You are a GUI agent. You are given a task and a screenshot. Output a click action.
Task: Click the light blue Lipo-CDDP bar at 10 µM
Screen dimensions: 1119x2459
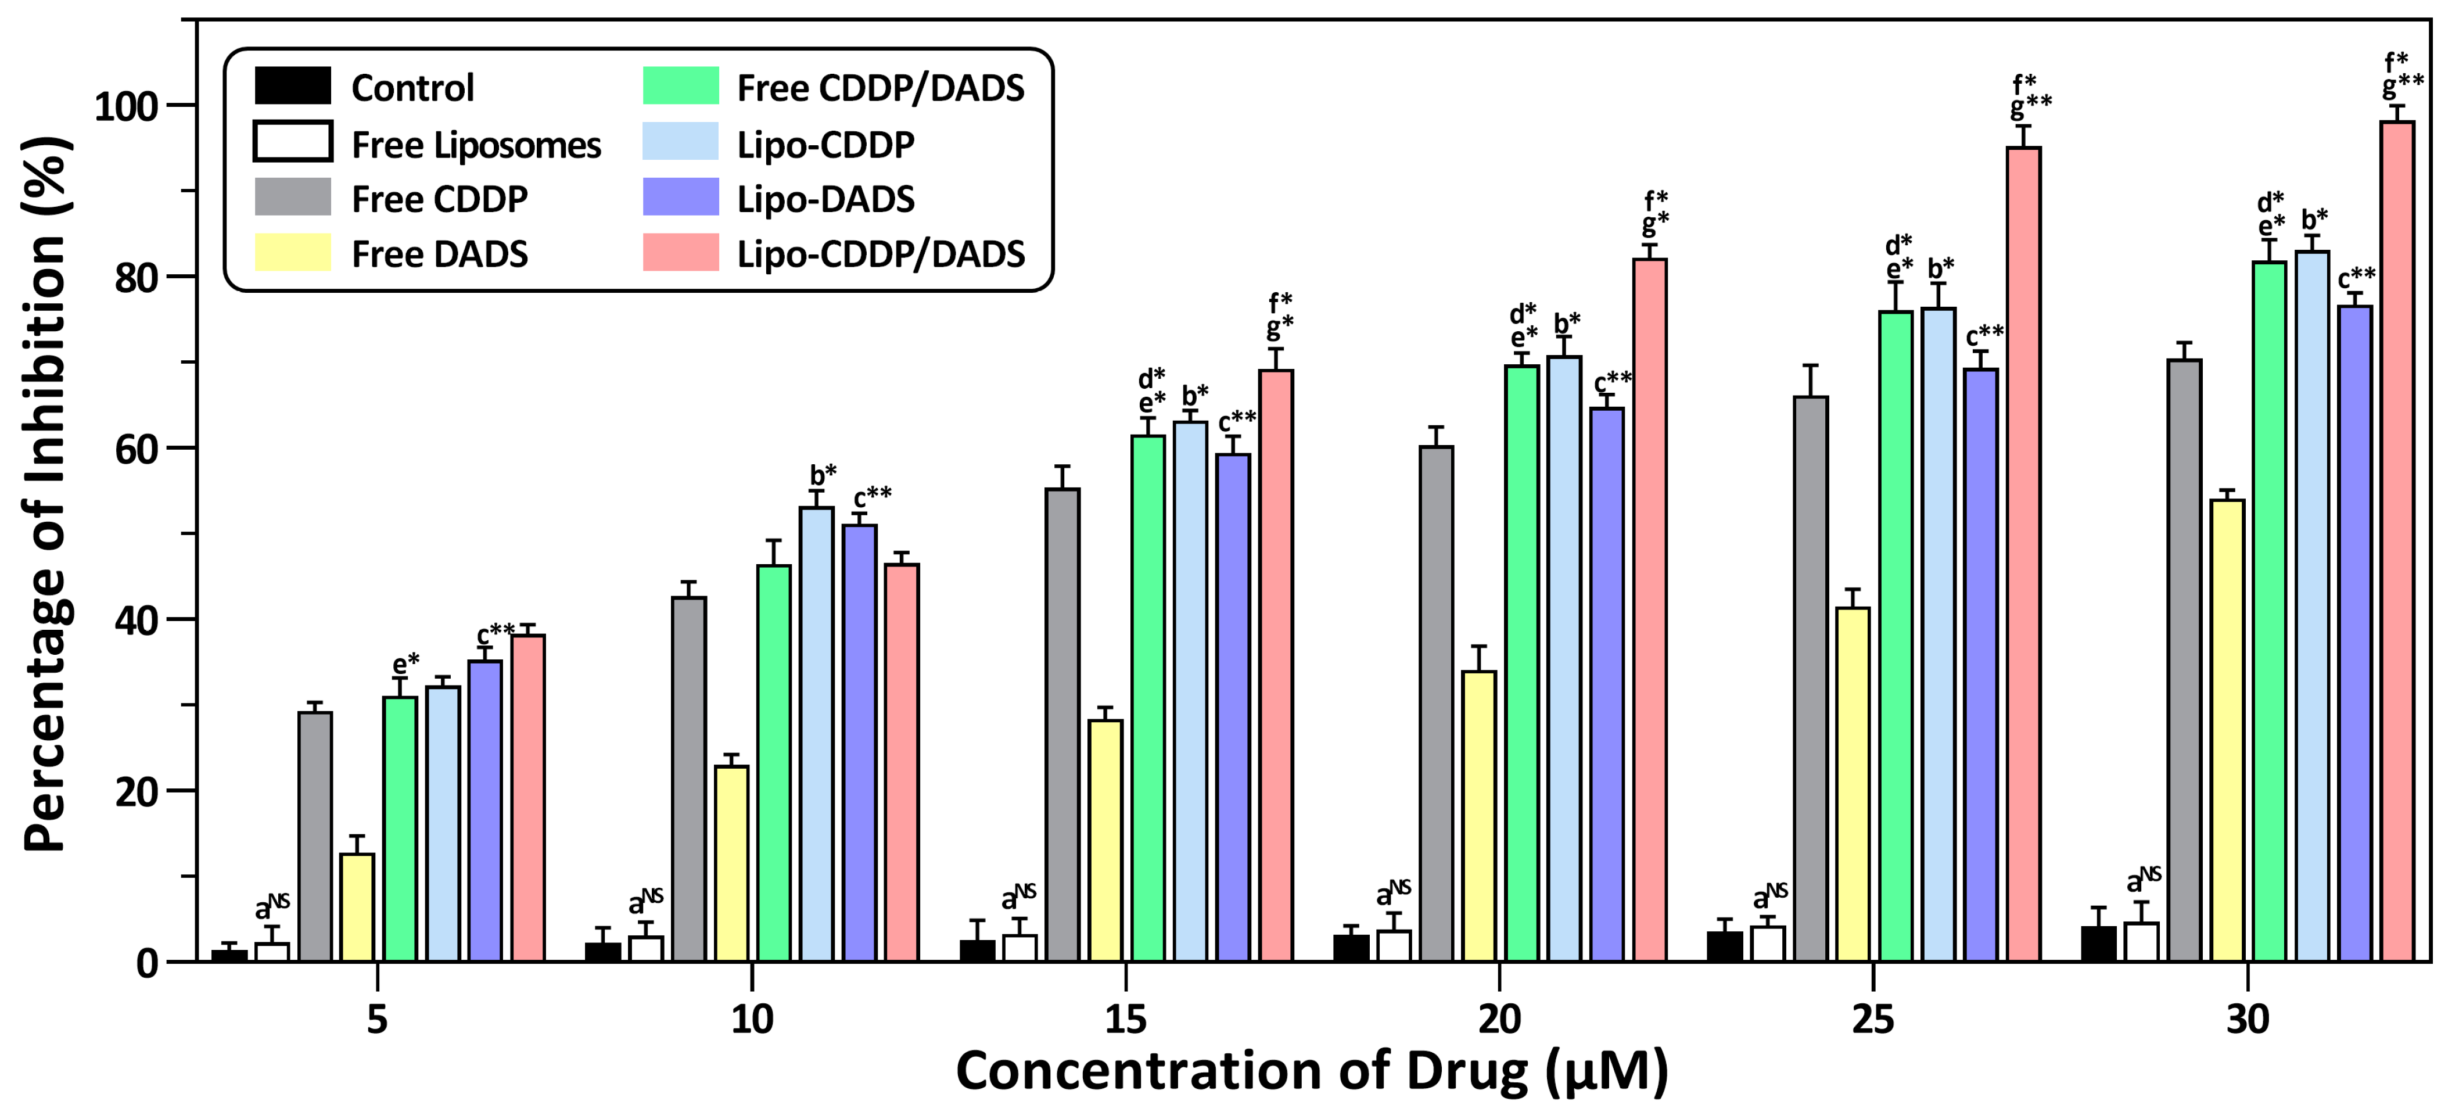816,734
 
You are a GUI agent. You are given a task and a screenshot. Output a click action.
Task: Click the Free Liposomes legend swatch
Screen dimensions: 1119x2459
292,141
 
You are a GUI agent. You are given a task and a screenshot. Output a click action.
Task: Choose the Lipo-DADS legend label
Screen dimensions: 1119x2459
825,199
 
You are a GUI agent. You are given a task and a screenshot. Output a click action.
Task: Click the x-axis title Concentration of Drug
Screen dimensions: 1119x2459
1312,1071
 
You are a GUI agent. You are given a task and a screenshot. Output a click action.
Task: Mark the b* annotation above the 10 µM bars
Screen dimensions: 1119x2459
823,475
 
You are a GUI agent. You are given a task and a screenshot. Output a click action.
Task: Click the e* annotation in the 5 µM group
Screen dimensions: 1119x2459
405,663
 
